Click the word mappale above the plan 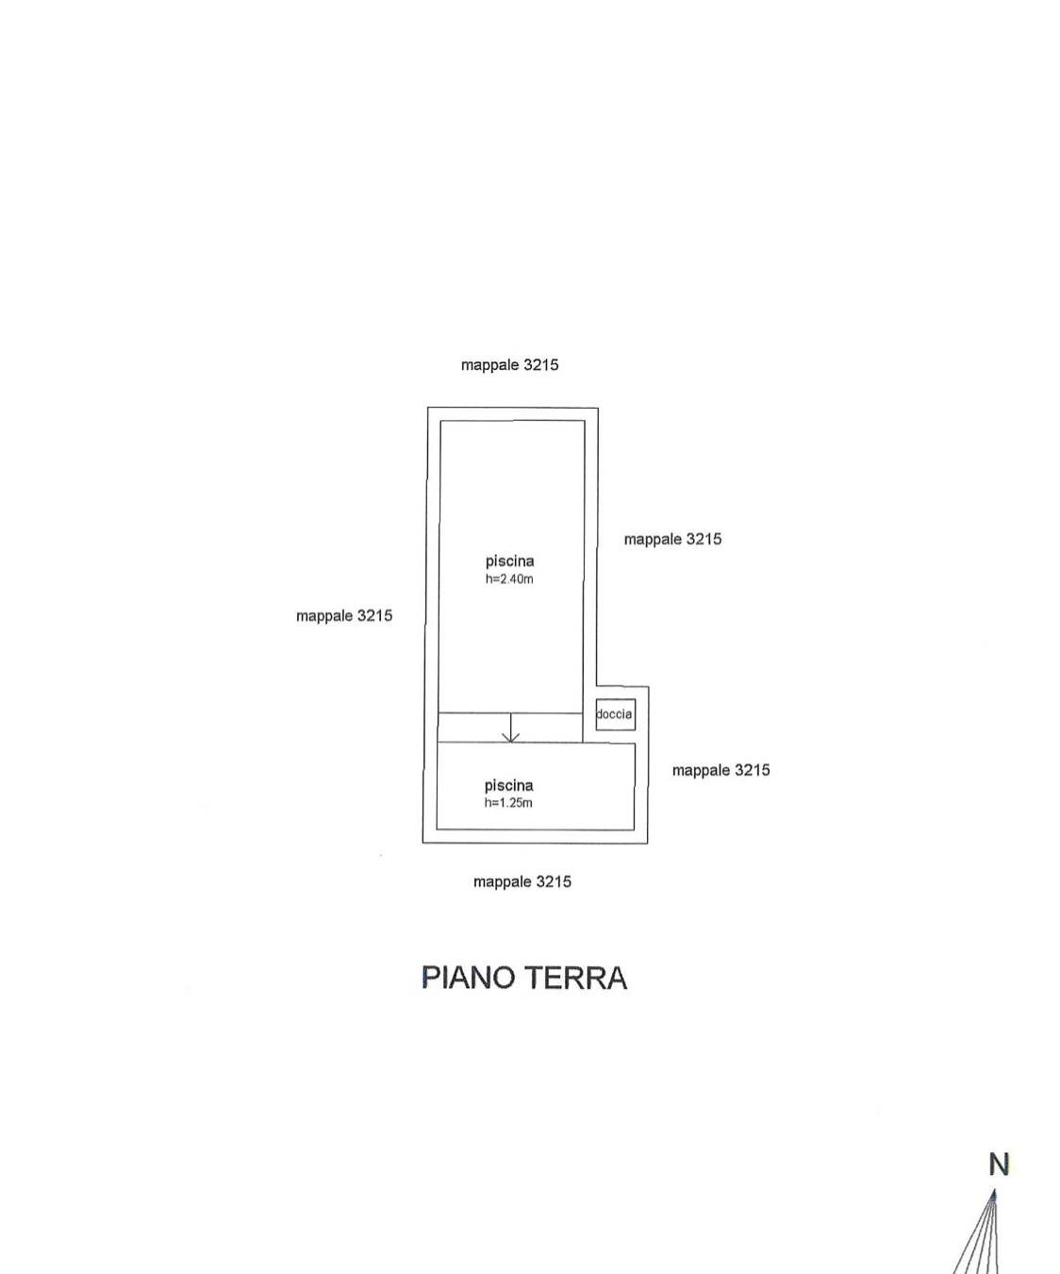(489, 365)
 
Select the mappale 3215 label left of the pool (344, 615)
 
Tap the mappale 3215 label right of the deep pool (672, 539)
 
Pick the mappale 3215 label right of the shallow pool (720, 770)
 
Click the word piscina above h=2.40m (509, 562)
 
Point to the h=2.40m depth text (509, 579)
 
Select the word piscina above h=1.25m (508, 786)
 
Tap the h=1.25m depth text (508, 803)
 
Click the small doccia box (616, 714)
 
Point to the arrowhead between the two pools (510, 738)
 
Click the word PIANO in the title (469, 978)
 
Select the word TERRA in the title (576, 978)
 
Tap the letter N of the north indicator (999, 1165)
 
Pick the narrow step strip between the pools (510, 728)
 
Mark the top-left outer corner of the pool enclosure (427, 408)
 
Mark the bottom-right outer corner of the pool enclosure (648, 844)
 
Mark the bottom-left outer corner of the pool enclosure (422, 844)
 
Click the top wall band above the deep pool (512, 414)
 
